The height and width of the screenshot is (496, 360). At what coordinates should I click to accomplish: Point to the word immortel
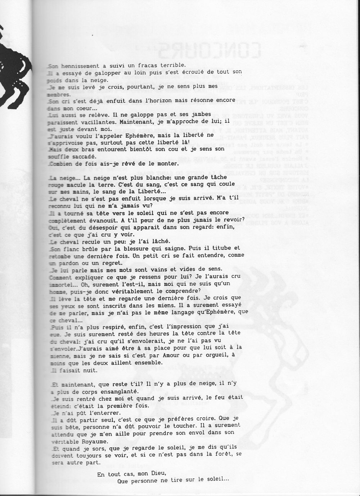(62, 284)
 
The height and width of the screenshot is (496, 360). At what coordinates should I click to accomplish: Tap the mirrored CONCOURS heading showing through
(211, 50)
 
